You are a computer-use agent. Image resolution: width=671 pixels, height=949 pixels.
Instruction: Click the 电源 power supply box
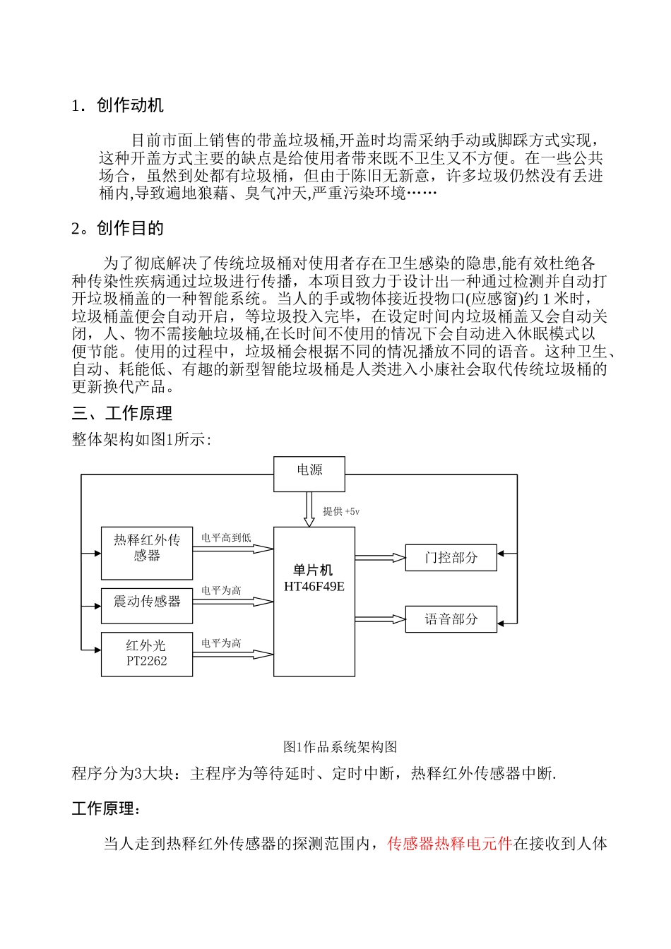click(309, 474)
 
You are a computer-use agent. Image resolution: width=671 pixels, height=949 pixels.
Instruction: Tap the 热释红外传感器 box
click(147, 553)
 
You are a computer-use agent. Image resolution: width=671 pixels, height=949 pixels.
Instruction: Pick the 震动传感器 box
click(147, 606)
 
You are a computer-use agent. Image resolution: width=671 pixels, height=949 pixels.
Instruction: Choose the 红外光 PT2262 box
click(147, 655)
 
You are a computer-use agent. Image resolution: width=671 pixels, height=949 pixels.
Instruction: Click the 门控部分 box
click(451, 558)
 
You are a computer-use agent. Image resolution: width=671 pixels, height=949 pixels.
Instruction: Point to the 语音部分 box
click(451, 619)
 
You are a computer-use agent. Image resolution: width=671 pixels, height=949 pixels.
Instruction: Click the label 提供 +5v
click(341, 511)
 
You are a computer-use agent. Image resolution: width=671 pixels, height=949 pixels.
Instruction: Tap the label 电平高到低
click(226, 538)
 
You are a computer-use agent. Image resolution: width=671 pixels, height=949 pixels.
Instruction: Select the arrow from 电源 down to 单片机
click(309, 509)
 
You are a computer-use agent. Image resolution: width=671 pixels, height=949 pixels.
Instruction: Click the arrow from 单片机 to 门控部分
click(380, 558)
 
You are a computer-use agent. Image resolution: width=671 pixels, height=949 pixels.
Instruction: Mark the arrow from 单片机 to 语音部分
click(380, 619)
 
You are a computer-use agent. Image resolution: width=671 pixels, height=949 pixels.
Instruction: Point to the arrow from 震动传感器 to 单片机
click(233, 602)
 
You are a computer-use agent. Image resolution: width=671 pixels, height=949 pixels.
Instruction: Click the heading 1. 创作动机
click(117, 106)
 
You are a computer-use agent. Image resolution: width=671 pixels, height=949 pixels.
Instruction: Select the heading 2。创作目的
click(117, 228)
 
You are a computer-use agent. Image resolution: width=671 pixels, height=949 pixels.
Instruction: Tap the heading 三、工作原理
click(122, 414)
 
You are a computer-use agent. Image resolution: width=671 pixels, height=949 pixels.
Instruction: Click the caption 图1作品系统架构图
click(340, 746)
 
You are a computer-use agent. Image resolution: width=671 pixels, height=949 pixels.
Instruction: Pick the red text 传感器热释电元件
click(449, 843)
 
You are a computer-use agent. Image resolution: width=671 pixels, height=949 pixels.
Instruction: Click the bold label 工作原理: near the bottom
click(106, 808)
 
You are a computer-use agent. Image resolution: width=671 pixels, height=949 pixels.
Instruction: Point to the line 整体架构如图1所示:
click(141, 439)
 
